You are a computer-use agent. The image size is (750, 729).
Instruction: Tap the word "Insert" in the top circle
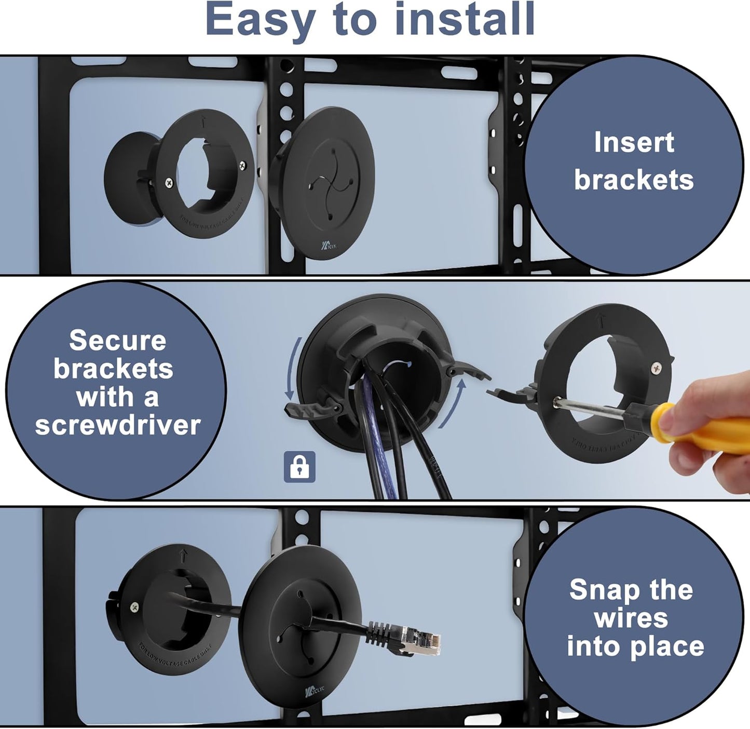(634, 142)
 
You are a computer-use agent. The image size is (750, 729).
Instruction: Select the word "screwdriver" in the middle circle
(118, 425)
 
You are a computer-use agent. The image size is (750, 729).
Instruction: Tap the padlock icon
(299, 466)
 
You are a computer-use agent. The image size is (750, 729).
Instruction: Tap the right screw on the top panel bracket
(242, 165)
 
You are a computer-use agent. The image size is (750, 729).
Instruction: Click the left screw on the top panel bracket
(169, 182)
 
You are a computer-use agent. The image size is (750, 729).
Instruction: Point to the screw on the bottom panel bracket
(134, 606)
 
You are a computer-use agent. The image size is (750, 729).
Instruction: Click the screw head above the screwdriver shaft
(657, 368)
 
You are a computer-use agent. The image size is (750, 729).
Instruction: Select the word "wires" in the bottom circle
(631, 618)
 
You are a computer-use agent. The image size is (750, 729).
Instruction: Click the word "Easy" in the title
(261, 20)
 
